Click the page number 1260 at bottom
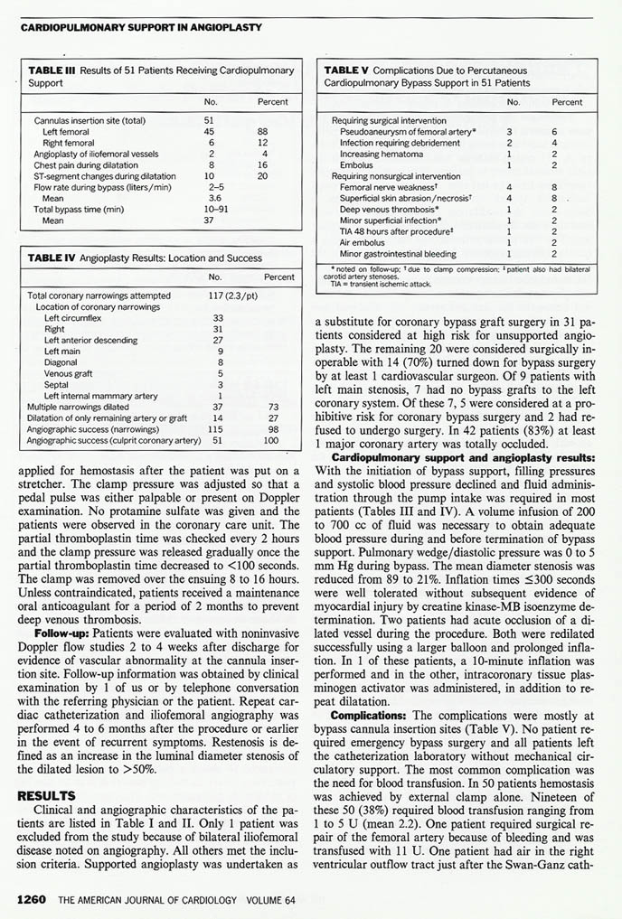(33, 900)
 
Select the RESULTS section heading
(44, 795)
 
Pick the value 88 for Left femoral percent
(262, 132)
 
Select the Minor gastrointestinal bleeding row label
(398, 255)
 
